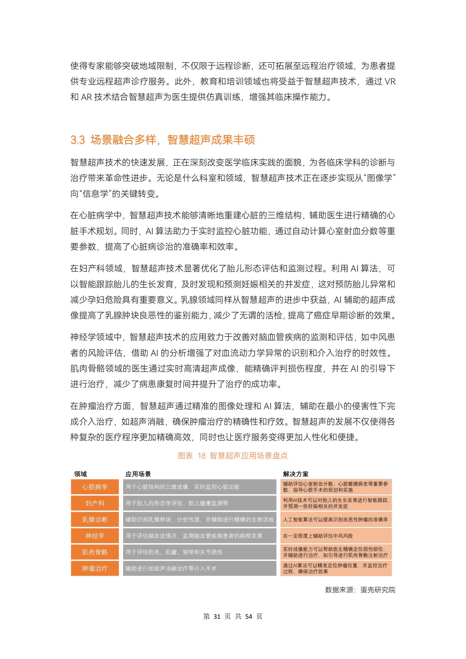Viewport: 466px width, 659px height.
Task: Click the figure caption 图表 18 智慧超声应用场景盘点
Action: point(233,456)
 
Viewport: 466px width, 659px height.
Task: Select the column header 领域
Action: point(80,474)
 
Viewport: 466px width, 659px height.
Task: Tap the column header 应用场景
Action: point(138,474)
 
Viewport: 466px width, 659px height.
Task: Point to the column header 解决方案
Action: point(295,474)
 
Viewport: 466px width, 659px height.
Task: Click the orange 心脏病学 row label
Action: point(95,487)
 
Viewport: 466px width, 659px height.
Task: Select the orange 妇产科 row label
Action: point(95,503)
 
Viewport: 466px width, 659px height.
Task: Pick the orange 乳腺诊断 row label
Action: point(95,520)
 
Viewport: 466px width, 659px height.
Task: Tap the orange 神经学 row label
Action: point(95,536)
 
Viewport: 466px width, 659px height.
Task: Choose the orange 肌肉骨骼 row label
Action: point(95,552)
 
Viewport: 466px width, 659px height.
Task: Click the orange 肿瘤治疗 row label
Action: point(95,569)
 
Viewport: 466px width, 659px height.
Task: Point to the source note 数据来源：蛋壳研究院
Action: point(360,590)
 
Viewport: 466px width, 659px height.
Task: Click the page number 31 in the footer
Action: point(217,617)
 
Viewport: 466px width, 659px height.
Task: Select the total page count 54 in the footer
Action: point(249,617)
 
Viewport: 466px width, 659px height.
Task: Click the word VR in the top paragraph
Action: point(390,82)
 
